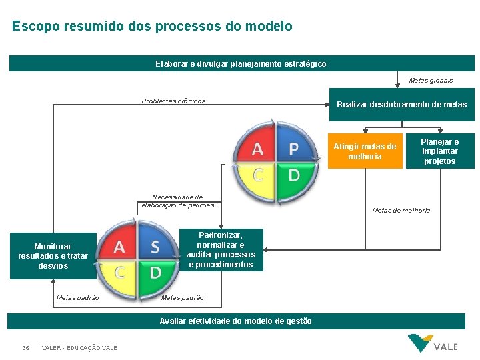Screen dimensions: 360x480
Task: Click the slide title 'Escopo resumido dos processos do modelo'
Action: click(x=152, y=27)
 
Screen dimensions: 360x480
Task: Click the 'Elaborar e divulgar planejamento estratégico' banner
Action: click(x=241, y=63)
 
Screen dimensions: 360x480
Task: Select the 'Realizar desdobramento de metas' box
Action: click(x=401, y=105)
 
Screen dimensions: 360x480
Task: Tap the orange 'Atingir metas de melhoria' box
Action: click(x=365, y=151)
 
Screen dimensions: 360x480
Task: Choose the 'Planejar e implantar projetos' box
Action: click(x=439, y=151)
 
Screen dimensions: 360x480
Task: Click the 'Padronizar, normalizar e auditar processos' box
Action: click(x=221, y=250)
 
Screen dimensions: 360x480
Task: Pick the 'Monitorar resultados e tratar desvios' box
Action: click(x=53, y=256)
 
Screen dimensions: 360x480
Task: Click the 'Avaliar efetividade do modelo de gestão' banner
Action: click(x=235, y=321)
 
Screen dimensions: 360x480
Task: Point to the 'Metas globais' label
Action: click(x=431, y=81)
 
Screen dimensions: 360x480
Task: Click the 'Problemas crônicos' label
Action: click(x=173, y=101)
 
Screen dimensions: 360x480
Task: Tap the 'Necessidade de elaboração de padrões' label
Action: click(x=178, y=201)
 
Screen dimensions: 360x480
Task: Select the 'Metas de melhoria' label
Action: click(x=401, y=211)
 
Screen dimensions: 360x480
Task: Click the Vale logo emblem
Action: click(x=419, y=343)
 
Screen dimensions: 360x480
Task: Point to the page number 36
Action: click(x=25, y=348)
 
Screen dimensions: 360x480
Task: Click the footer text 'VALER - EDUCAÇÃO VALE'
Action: click(x=79, y=348)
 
